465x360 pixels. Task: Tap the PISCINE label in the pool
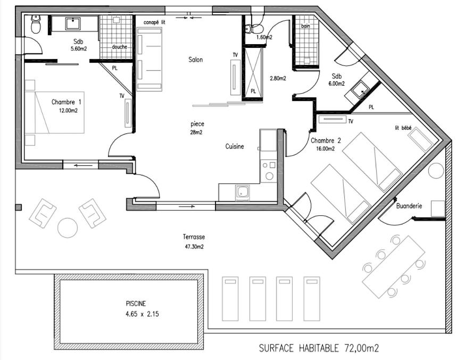click(x=136, y=304)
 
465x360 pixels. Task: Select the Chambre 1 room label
click(x=66, y=102)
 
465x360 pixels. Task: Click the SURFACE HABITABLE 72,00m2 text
click(x=319, y=348)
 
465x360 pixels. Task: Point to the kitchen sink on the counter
click(x=243, y=192)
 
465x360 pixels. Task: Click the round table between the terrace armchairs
click(x=68, y=228)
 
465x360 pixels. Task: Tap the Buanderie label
click(x=409, y=206)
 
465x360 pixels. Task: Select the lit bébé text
click(x=403, y=128)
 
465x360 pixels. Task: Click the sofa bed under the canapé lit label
click(x=150, y=59)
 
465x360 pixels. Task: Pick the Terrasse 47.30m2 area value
click(x=194, y=247)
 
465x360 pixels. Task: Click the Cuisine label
click(x=235, y=146)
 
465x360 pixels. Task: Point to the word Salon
click(x=196, y=60)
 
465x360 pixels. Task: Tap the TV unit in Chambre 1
click(x=128, y=113)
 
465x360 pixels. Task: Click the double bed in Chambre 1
click(x=55, y=112)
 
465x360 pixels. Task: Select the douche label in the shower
click(x=120, y=47)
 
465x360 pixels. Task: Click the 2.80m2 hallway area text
click(x=278, y=79)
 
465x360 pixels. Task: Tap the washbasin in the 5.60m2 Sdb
click(x=73, y=24)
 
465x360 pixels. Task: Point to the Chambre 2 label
click(x=326, y=141)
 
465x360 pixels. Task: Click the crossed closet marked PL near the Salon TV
click(x=253, y=73)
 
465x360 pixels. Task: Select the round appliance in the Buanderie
click(x=436, y=171)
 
